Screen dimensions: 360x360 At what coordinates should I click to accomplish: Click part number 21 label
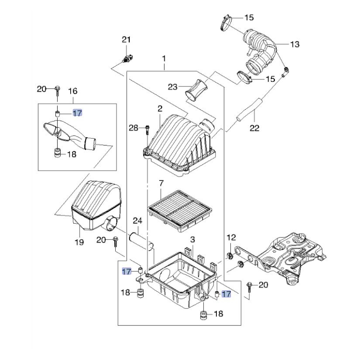(126, 40)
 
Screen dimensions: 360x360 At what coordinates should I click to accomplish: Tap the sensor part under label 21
(127, 58)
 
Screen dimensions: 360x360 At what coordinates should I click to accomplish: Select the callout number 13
(295, 44)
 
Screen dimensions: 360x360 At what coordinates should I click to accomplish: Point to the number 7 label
(161, 183)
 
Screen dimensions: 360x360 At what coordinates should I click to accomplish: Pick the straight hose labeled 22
(249, 109)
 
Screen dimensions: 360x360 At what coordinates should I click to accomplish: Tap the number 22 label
(254, 128)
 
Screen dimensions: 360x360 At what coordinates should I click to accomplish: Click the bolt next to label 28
(147, 130)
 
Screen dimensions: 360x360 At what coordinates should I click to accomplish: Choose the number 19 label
(79, 242)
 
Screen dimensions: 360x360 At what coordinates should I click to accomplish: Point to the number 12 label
(231, 238)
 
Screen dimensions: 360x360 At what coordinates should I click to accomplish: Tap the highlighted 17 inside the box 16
(77, 113)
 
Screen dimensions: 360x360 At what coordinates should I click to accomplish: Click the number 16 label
(73, 91)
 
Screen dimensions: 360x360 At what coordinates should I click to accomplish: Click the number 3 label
(193, 240)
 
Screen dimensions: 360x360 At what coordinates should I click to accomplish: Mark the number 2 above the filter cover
(160, 108)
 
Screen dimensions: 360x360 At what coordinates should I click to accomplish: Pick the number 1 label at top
(164, 59)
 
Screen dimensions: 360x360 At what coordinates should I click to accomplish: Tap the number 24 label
(138, 221)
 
